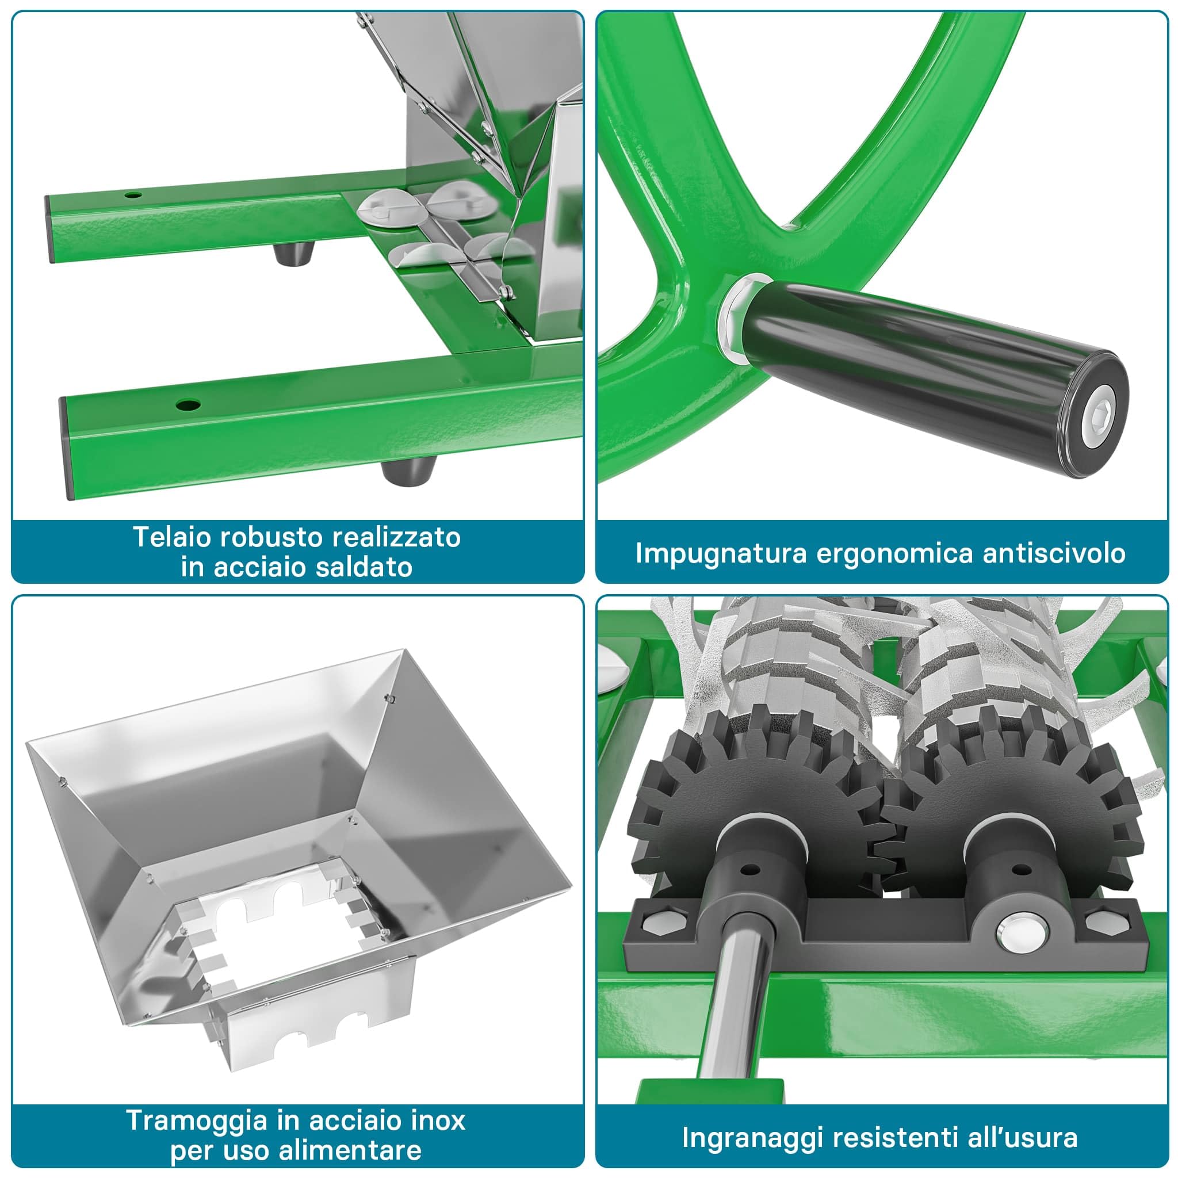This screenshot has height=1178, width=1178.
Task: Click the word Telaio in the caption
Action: (172, 537)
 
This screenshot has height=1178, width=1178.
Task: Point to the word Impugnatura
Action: (721, 554)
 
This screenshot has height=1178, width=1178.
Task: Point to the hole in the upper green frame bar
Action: (133, 195)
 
